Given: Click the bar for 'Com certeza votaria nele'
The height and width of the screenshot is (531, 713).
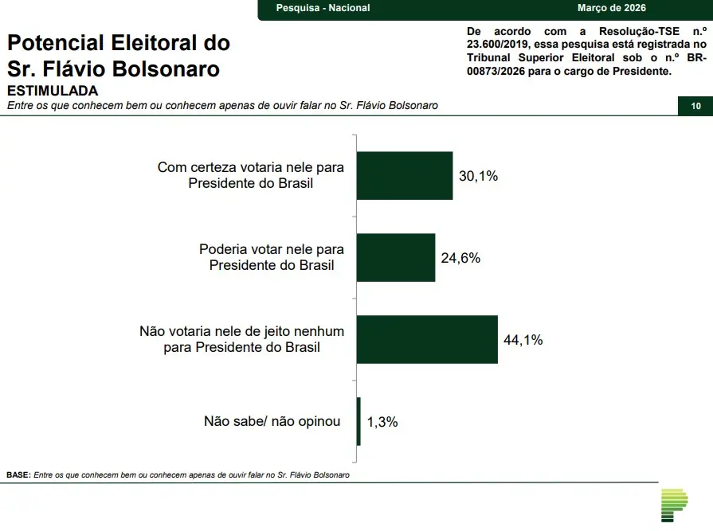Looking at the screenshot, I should coord(404,175).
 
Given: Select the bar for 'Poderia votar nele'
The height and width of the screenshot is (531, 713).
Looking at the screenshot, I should coord(395,257).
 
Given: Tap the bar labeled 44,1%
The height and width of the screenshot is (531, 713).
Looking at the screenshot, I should coord(426,339).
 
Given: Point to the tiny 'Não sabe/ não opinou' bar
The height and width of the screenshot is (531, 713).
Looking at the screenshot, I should coord(358,421).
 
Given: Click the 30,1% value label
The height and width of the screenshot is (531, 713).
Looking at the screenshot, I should coord(478,176).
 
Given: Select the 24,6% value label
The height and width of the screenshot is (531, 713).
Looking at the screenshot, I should coord(460,258).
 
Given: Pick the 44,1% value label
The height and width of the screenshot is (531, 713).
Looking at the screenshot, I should coord(523,340).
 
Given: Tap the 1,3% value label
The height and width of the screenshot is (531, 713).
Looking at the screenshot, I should coord(382,422).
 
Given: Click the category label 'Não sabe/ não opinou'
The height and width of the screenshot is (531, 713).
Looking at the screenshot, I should coord(272,421).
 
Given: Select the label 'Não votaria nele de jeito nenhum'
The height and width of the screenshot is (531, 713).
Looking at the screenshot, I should coord(241,331).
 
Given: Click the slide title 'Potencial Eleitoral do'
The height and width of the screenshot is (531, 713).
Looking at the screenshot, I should coord(119,42).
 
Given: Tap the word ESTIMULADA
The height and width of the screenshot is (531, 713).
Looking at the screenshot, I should coord(53,91).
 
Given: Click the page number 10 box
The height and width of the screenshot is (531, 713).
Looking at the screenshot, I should coord(695,106).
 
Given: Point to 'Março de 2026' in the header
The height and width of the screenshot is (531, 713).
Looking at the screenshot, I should coord(611,8).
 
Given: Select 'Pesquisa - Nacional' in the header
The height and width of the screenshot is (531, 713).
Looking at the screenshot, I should coord(323,8).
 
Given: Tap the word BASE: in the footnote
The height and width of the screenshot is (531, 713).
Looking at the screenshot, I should coord(18,474).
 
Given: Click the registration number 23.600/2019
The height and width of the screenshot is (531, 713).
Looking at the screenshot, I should coord(499,45).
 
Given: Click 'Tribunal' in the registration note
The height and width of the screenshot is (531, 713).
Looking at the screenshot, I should coord(491,57).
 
